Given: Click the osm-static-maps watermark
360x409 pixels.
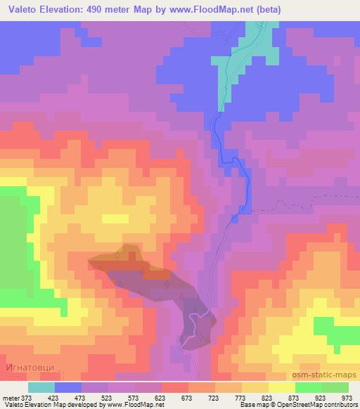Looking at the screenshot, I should point(323,377).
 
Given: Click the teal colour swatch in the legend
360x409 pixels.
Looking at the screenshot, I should point(41,387).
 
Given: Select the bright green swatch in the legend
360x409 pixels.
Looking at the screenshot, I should point(308,387).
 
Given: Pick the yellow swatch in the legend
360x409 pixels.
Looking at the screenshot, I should point(281,387).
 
